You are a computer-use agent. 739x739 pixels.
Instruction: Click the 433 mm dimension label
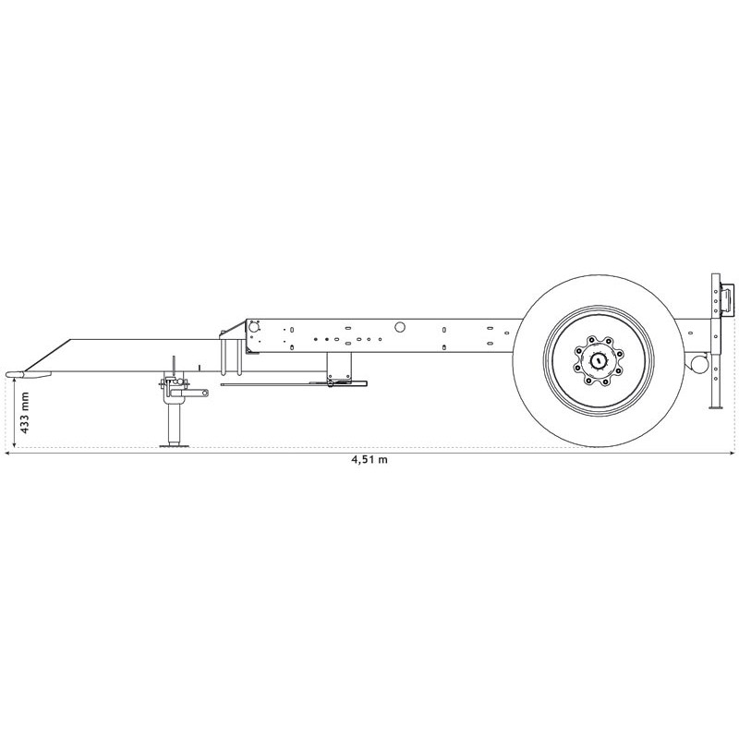coord(25,414)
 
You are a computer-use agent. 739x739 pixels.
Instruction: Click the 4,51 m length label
coord(369,460)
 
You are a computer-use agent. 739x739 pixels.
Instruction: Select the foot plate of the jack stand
coord(172,446)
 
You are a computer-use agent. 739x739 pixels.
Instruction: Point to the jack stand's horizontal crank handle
coord(197,394)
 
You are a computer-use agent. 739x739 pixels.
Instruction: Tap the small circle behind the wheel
coord(699,365)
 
